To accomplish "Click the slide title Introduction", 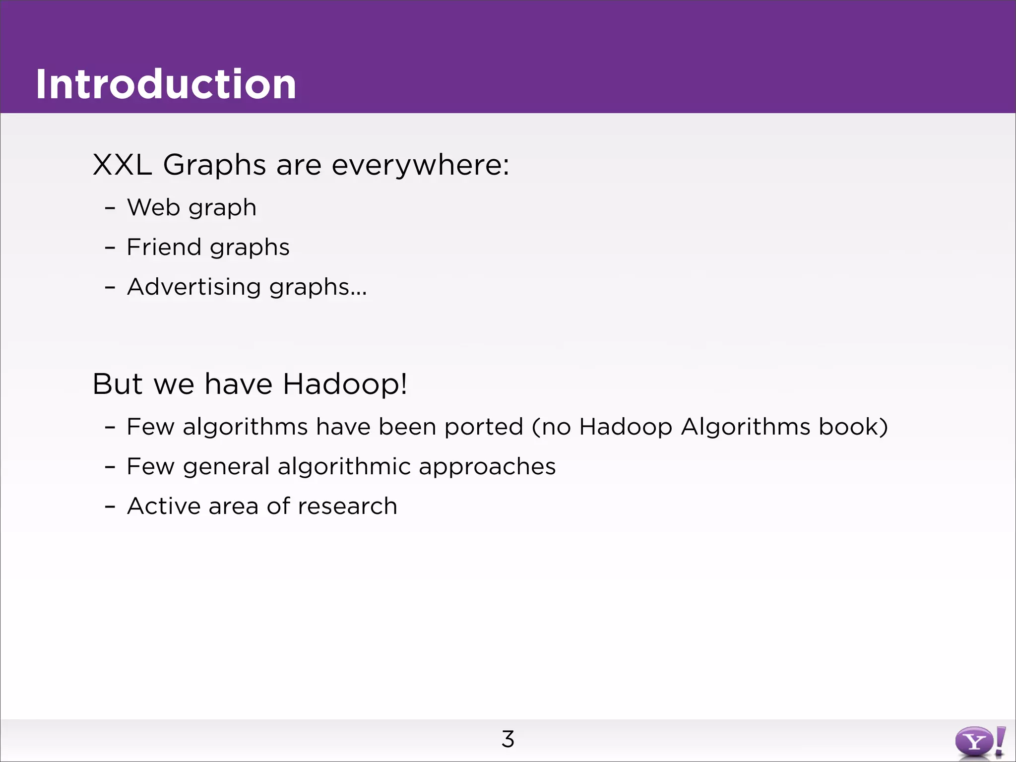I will coord(166,84).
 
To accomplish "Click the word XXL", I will coord(122,165).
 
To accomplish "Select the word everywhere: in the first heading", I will coord(420,165).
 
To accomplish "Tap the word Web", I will coord(153,207).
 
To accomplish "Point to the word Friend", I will coord(163,247).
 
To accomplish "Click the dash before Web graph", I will coord(110,208).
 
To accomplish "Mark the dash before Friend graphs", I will coord(110,248).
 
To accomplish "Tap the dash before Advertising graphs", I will coord(110,288).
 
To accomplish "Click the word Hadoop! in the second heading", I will coord(345,384).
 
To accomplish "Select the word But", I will coord(118,384).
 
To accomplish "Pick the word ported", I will coord(484,427).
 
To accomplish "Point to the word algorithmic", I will coord(344,467).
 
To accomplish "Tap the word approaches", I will coord(487,467).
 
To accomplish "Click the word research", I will coord(347,506).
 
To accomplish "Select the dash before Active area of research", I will coord(110,507).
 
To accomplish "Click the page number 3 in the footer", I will coord(508,739).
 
